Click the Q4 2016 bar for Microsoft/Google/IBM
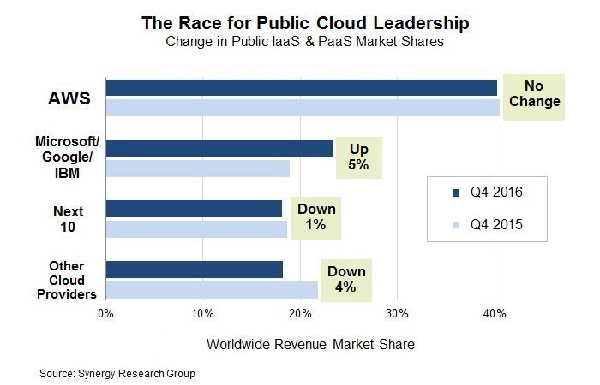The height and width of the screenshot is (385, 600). click(x=219, y=148)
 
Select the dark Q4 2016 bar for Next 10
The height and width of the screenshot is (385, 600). click(x=194, y=209)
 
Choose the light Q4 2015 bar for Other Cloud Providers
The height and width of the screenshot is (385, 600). click(x=212, y=290)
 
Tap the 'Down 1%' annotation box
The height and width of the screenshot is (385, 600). click(x=316, y=217)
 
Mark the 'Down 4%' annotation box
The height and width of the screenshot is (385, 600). click(x=345, y=279)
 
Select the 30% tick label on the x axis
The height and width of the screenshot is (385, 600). click(x=397, y=314)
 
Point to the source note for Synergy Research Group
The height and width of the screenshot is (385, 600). click(x=118, y=374)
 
